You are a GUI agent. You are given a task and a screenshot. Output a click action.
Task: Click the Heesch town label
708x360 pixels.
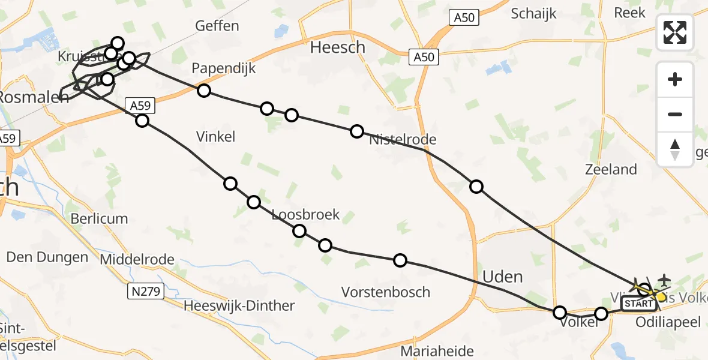(337, 47)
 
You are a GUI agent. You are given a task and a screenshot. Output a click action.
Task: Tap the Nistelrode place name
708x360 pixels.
(403, 140)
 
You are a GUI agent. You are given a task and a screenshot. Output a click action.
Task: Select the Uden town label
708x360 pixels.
(503, 277)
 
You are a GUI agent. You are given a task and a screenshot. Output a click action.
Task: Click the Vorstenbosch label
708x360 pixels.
(386, 292)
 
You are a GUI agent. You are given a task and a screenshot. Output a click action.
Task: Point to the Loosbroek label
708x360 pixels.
(305, 214)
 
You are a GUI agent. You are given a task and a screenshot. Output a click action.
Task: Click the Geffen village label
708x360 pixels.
(217, 26)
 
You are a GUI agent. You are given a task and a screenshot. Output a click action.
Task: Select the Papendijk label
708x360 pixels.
(224, 68)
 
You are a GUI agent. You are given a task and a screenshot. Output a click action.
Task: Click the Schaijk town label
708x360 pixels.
(533, 13)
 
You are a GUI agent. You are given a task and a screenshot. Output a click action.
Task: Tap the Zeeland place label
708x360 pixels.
(611, 169)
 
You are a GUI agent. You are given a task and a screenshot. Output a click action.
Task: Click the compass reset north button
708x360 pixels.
(675, 149)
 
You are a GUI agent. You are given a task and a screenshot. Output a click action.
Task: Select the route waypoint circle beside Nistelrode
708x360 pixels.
(357, 131)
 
